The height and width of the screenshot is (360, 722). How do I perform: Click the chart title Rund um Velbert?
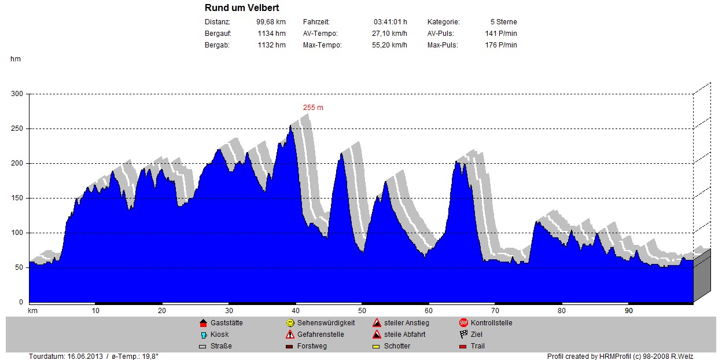click(x=242, y=8)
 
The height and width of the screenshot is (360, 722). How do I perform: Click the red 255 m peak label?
click(x=313, y=108)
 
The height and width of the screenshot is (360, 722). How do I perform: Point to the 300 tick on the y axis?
click(x=17, y=94)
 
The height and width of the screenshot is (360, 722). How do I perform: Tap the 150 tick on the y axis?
click(x=17, y=198)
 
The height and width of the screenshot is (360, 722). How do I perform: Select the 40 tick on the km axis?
click(x=296, y=311)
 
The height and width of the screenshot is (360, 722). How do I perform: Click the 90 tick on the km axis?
click(x=629, y=311)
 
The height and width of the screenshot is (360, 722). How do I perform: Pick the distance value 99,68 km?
click(x=271, y=22)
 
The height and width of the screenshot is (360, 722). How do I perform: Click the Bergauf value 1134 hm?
click(x=271, y=34)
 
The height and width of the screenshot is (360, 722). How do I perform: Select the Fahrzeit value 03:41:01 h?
click(x=390, y=22)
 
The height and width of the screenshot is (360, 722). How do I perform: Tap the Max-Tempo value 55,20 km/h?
click(x=389, y=45)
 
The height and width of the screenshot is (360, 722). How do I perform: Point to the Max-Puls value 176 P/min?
click(x=500, y=45)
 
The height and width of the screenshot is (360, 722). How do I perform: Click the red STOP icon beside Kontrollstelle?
click(x=463, y=323)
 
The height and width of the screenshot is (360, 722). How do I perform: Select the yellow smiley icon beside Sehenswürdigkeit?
click(x=290, y=323)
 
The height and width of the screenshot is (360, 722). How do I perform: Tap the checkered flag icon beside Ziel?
click(x=463, y=335)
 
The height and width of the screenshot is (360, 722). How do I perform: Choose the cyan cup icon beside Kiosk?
click(x=203, y=335)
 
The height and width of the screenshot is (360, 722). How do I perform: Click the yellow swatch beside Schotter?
click(x=377, y=347)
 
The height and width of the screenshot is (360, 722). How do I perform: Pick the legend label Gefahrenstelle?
click(x=321, y=335)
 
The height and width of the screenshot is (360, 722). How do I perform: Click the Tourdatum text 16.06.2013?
click(x=86, y=356)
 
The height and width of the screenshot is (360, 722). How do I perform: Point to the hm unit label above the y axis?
click(x=15, y=59)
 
